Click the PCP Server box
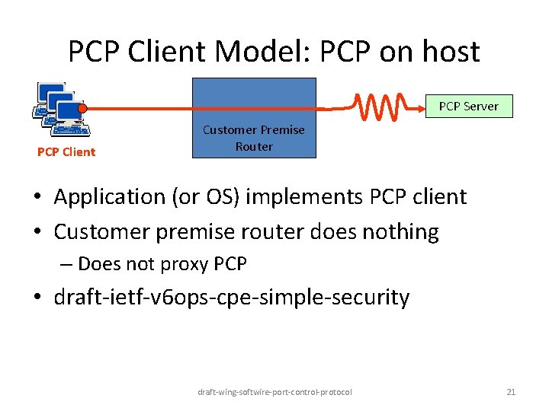coord(468,107)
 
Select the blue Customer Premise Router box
coord(254,117)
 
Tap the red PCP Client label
coord(66,152)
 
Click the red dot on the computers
coord(82,108)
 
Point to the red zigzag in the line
coord(386,107)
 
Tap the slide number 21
coord(511,392)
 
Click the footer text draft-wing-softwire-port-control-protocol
coord(274,392)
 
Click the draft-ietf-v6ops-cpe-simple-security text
coord(232,297)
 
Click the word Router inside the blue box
coord(254,146)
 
